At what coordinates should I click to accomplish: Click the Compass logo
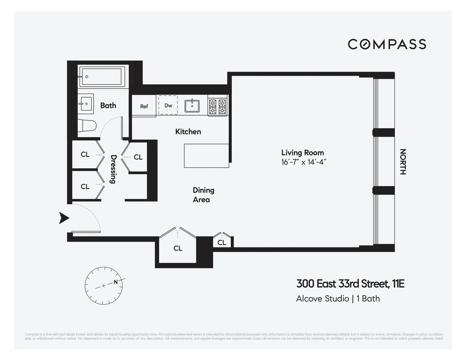tap(387, 44)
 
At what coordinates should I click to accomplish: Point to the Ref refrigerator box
tap(144, 106)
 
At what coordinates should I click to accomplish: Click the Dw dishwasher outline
tap(168, 105)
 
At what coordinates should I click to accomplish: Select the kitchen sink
tap(192, 105)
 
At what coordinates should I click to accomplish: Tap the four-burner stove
tap(217, 105)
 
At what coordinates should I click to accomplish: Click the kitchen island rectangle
tap(206, 156)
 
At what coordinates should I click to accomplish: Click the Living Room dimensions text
tap(303, 162)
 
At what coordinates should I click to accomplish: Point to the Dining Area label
tap(203, 195)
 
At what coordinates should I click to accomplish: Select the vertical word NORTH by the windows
tap(403, 162)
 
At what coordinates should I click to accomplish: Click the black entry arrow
tap(64, 218)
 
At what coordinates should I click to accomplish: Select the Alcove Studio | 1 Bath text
tap(338, 299)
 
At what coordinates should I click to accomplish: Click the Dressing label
tap(114, 169)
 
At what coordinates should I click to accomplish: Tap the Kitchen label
tap(188, 132)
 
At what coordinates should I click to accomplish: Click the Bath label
tap(108, 105)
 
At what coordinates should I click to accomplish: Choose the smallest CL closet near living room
tap(222, 242)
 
